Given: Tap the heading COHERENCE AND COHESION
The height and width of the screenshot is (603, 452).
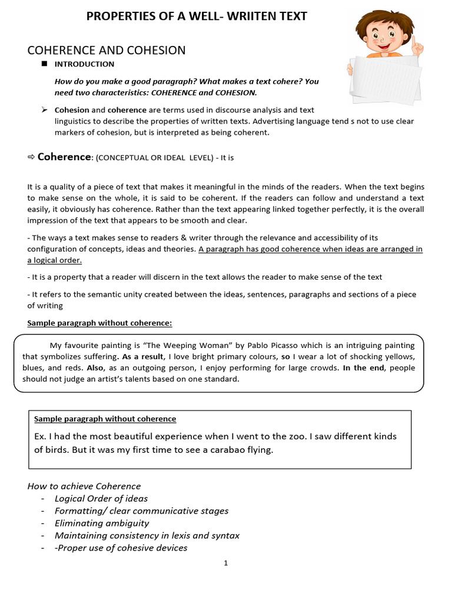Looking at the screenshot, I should click(x=107, y=50).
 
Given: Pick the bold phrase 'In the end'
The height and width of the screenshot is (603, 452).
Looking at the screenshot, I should click(x=363, y=368).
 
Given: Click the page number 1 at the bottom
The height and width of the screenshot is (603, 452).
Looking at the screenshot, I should click(x=225, y=563).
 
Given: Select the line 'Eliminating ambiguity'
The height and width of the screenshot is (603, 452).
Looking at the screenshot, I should click(x=102, y=523).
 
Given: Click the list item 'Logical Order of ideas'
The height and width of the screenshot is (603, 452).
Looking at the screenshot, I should click(x=101, y=498).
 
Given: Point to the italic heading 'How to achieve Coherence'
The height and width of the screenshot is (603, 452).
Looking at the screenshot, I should click(x=84, y=486).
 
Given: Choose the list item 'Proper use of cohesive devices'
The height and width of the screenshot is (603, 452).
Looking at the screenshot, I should click(x=122, y=548).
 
